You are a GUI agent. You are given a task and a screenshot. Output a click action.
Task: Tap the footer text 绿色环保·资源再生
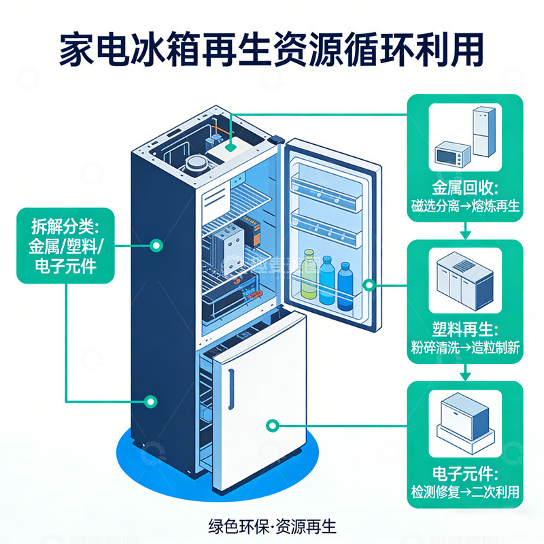pos(272,526)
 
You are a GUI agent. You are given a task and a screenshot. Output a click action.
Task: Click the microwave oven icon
pos(452,154)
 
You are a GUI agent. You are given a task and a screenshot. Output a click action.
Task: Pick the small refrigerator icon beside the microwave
pos(484,133)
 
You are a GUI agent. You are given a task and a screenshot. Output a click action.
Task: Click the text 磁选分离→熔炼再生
pos(465,206)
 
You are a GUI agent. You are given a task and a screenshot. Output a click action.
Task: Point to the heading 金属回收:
pos(465,188)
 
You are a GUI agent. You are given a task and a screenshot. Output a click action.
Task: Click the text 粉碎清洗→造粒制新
pos(465,347)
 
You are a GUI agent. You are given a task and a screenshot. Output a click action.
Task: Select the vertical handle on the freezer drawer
pos(233,387)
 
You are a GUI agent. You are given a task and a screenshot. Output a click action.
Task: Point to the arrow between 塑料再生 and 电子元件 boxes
pos(465,373)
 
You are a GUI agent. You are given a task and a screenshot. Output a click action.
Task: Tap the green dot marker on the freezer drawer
pos(273,426)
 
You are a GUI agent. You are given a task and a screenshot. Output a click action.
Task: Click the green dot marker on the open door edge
pos(369,285)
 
